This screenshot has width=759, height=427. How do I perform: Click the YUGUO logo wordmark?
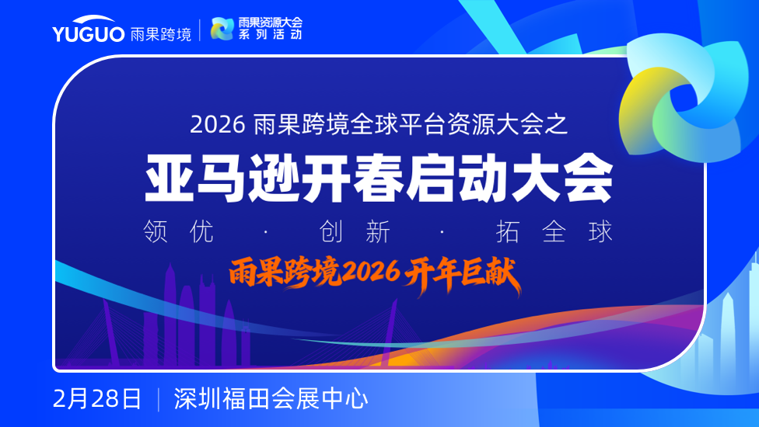89,30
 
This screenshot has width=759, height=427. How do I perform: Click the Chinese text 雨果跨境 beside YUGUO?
161,34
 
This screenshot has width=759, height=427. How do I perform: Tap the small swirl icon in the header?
222,29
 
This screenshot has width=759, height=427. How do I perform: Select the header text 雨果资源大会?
270,23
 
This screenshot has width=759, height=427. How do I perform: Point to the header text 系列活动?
270,34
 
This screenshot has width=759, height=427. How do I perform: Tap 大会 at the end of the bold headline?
562,178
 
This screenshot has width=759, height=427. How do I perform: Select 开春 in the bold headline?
353,178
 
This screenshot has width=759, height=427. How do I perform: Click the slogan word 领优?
179,231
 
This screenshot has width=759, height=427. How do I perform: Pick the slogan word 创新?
355,231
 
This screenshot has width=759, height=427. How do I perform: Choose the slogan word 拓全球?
554,231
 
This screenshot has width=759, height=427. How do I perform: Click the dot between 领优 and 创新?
266,232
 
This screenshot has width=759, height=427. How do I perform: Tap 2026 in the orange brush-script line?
371,273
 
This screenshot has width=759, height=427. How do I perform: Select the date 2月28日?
96,399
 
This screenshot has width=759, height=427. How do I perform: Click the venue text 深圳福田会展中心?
271,399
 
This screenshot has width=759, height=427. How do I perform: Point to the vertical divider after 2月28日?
159,400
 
